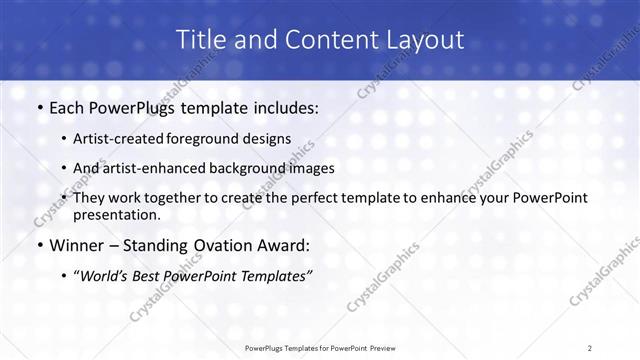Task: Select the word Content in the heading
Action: pos(321,40)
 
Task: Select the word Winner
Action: pos(76,244)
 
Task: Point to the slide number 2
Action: pos(589,347)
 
